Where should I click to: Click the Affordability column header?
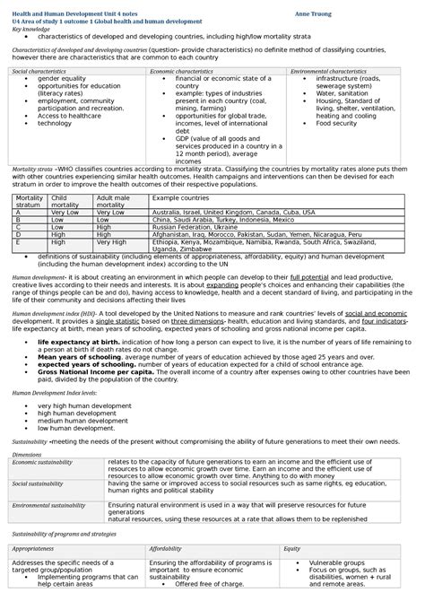pyautogui.click(x=166, y=547)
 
